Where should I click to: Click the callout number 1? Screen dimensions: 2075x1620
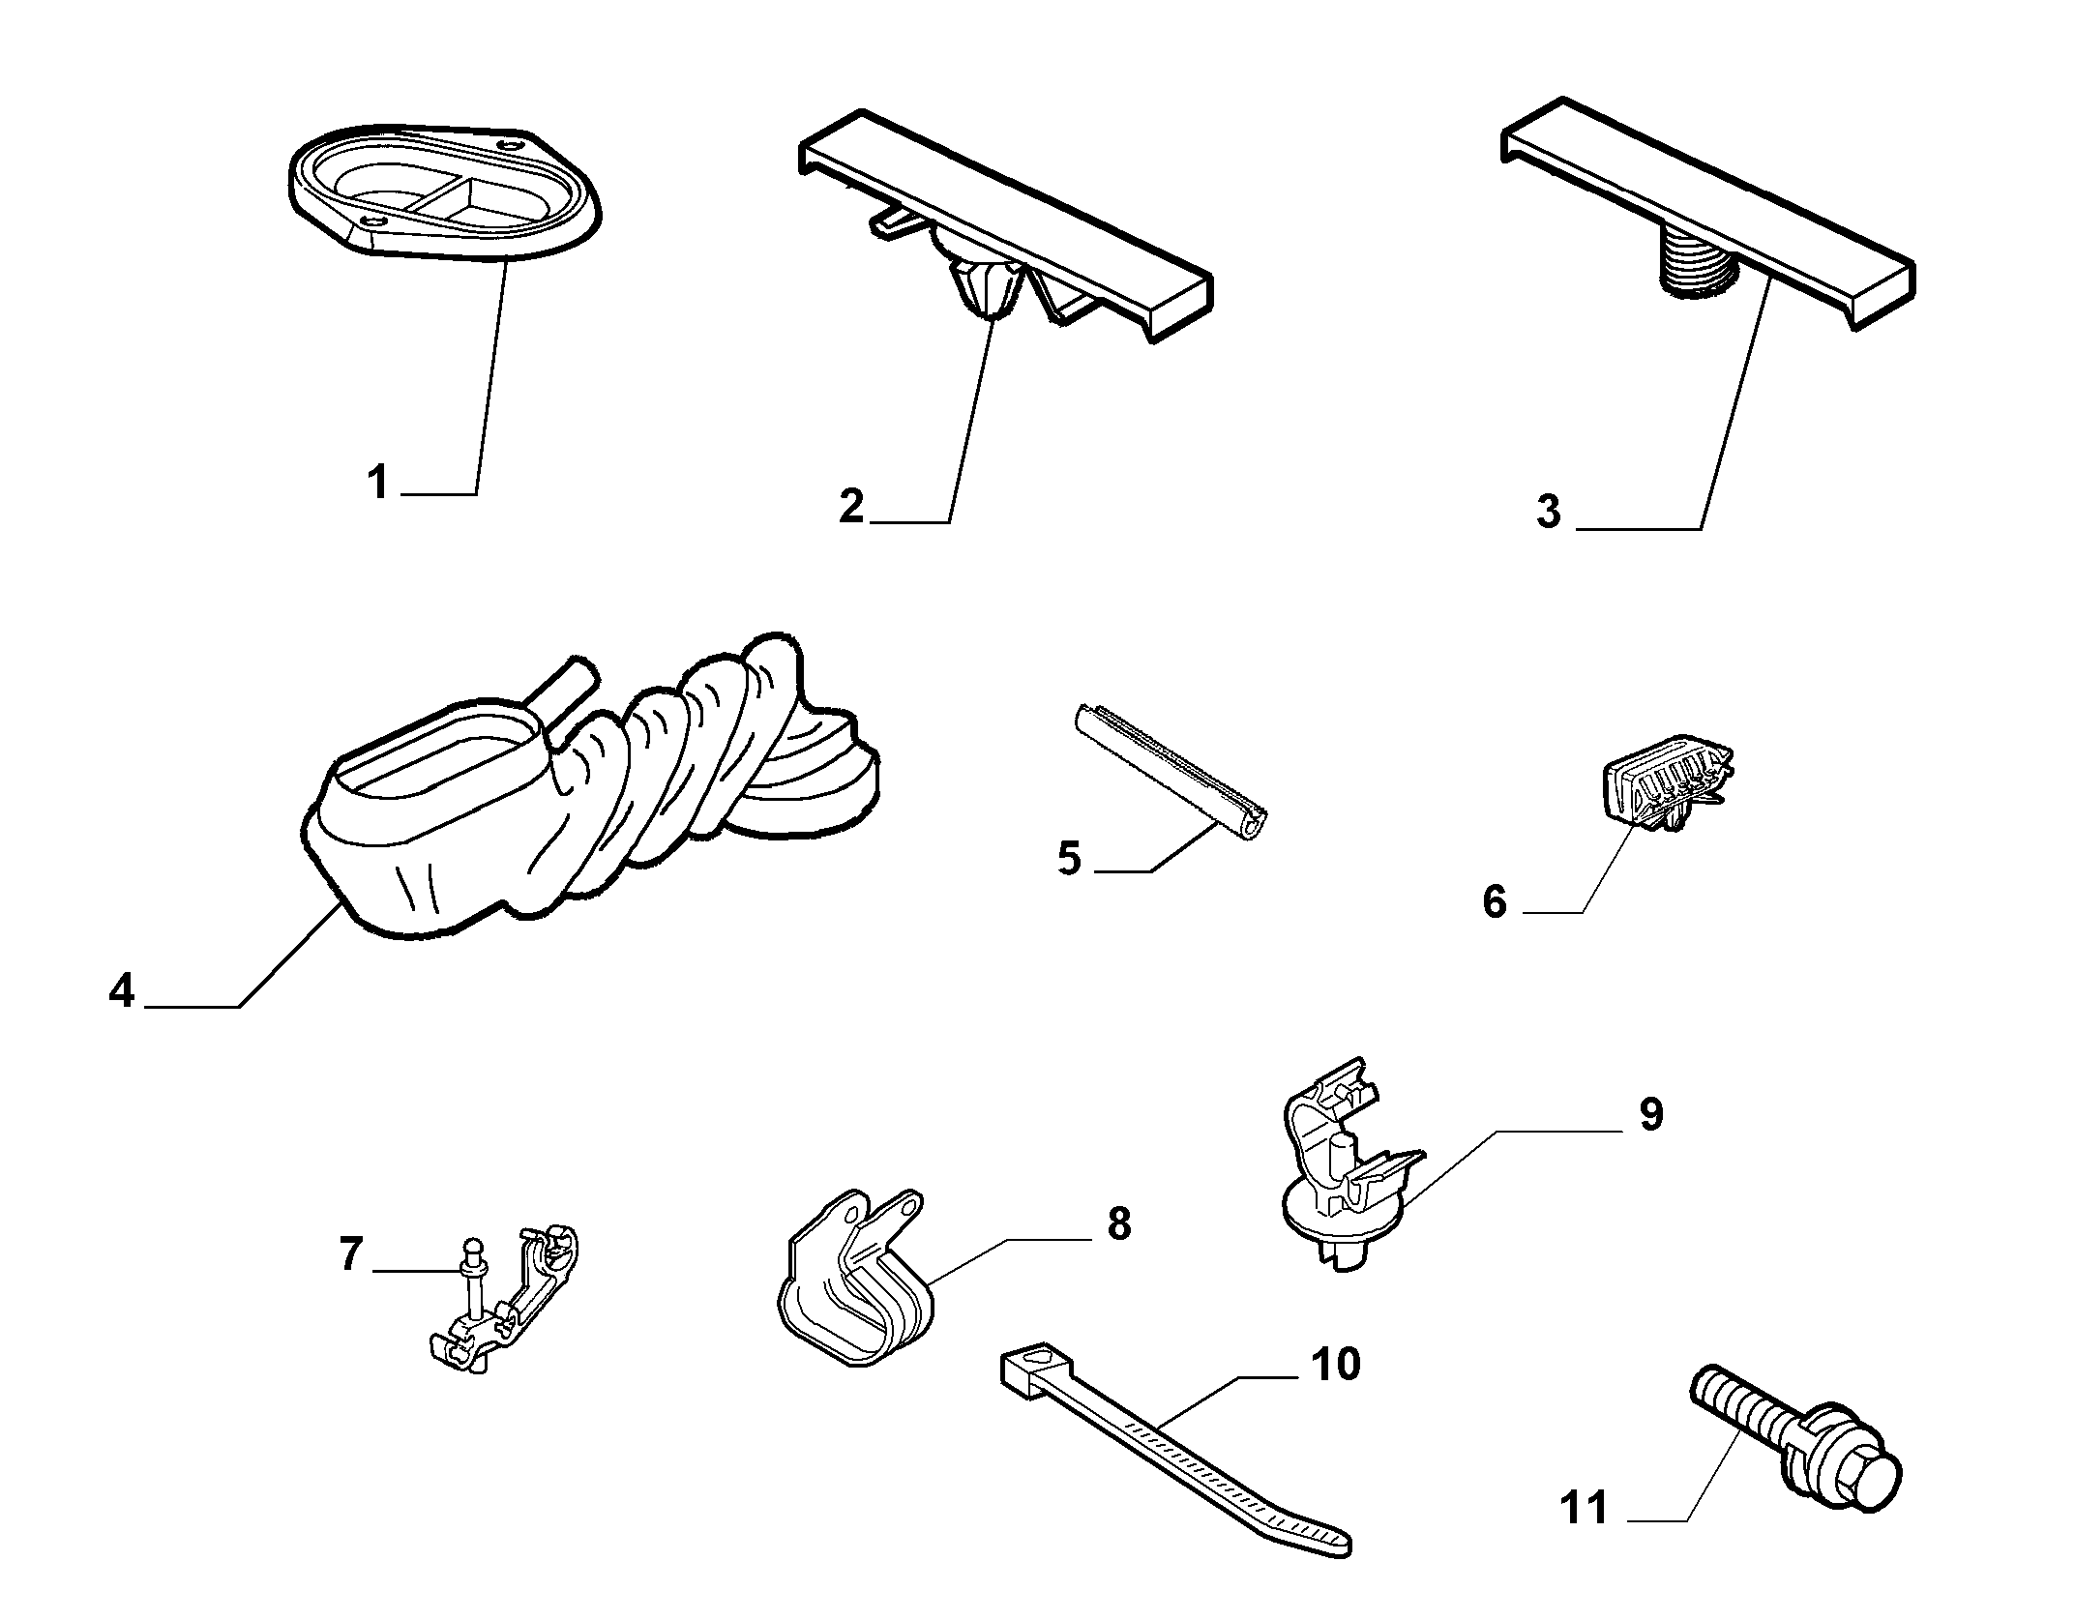tap(377, 482)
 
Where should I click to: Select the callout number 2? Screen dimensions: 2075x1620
tap(851, 507)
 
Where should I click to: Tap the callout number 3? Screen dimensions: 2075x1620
tap(1549, 512)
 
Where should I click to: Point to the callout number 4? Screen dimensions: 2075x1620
tap(122, 991)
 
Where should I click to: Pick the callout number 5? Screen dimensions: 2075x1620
tap(1069, 858)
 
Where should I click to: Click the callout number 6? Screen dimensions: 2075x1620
tap(1495, 902)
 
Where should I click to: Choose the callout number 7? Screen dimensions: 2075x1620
tap(350, 1254)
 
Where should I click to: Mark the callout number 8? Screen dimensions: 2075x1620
tap(1119, 1223)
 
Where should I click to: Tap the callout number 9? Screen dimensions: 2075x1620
tap(1651, 1114)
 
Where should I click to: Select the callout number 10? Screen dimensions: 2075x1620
tap(1336, 1365)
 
